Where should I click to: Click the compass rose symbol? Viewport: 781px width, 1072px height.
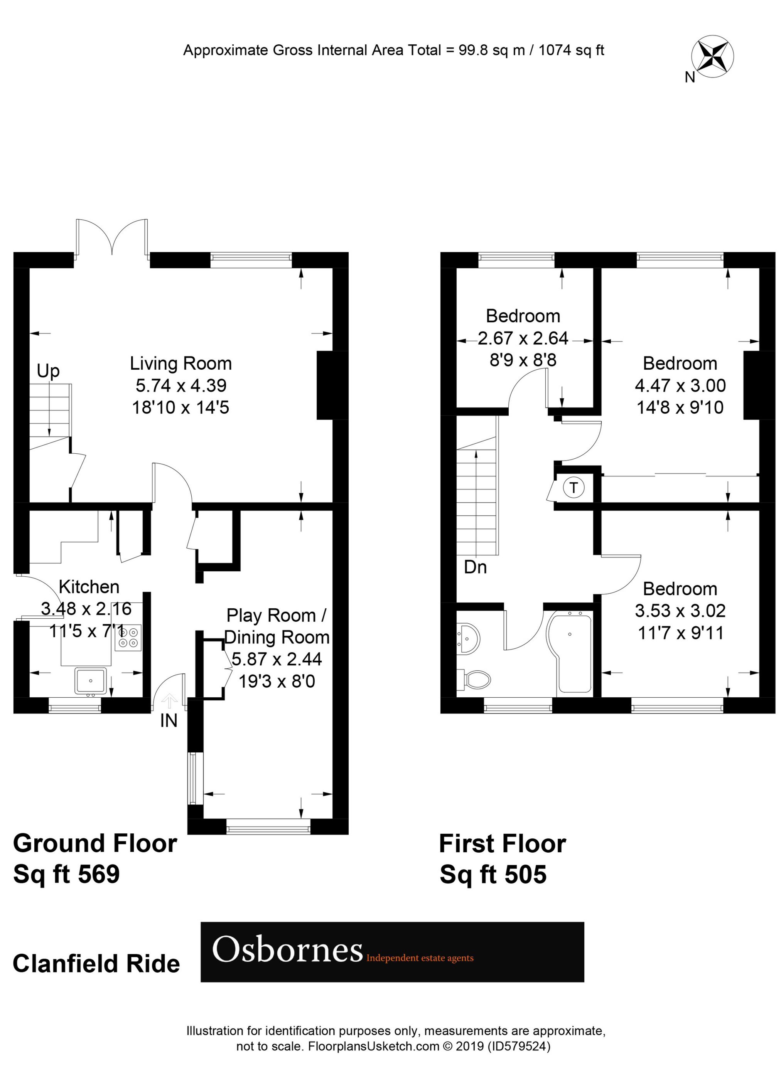click(x=712, y=59)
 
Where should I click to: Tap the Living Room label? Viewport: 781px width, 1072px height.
click(x=181, y=364)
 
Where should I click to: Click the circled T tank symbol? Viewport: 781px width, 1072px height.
click(x=574, y=487)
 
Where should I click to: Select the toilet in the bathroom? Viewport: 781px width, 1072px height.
click(x=474, y=680)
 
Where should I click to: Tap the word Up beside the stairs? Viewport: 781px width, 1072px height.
click(x=48, y=372)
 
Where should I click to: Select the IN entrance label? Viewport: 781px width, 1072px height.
click(x=169, y=721)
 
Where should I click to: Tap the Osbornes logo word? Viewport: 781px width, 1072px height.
click(x=287, y=950)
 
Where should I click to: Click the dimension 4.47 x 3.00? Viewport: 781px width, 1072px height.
click(x=680, y=386)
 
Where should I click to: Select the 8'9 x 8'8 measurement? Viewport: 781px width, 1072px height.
click(x=523, y=361)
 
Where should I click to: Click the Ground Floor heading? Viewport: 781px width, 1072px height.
click(x=94, y=844)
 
